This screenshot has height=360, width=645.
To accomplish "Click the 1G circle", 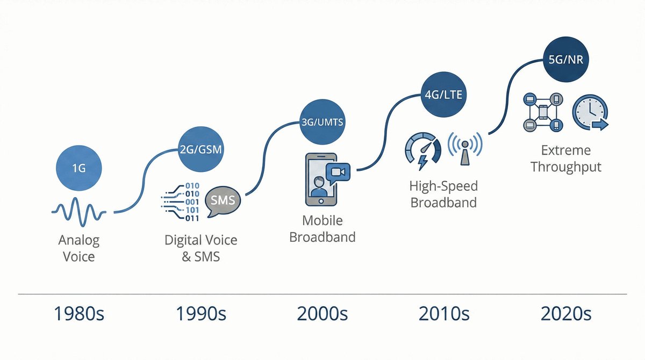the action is (x=78, y=168).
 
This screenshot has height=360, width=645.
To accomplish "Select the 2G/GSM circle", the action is (x=200, y=149).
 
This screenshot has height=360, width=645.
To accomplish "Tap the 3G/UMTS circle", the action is (x=322, y=122).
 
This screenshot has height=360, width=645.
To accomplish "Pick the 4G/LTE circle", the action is (x=443, y=95).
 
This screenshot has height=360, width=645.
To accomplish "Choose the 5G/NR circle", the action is (x=566, y=59).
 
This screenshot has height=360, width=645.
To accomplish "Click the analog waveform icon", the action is (x=79, y=211).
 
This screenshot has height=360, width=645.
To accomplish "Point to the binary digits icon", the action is (x=180, y=202).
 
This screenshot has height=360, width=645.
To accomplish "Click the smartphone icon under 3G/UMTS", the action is (x=320, y=179).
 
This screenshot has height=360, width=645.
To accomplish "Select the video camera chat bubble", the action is (x=338, y=173).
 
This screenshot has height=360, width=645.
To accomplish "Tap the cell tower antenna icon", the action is (x=465, y=148).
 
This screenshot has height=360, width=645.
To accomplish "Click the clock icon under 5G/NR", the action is (x=590, y=112).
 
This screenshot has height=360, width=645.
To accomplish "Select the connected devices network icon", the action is (x=543, y=112).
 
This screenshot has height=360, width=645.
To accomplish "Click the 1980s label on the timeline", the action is (x=79, y=313).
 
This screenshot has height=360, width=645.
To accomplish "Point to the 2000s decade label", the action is (x=322, y=313).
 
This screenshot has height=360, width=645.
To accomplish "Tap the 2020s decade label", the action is (x=566, y=313).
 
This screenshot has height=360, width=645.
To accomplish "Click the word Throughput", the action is (x=566, y=167).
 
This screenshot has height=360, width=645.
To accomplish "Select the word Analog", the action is (x=79, y=241).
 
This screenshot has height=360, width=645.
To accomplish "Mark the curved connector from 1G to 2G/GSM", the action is (x=143, y=181).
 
